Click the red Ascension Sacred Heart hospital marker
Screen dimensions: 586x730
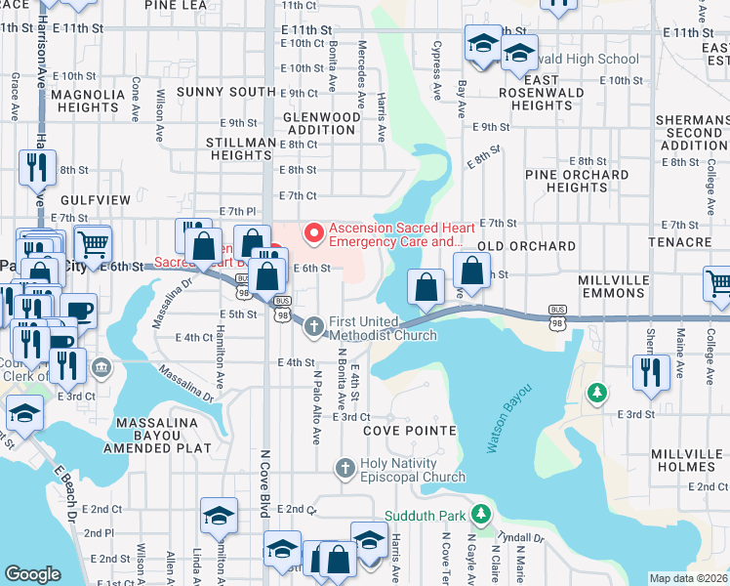click(x=314, y=232)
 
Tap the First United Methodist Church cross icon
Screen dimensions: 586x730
click(x=314, y=327)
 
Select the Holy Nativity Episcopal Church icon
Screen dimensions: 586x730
click(x=344, y=469)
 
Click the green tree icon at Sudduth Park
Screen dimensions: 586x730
click(x=479, y=513)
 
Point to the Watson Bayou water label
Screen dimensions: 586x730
click(x=509, y=417)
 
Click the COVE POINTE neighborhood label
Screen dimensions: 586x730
click(x=410, y=431)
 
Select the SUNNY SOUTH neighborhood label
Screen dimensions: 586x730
click(x=226, y=92)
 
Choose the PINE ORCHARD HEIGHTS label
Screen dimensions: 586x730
click(x=577, y=181)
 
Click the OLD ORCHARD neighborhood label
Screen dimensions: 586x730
click(x=527, y=245)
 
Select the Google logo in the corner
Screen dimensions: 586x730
click(x=32, y=573)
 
